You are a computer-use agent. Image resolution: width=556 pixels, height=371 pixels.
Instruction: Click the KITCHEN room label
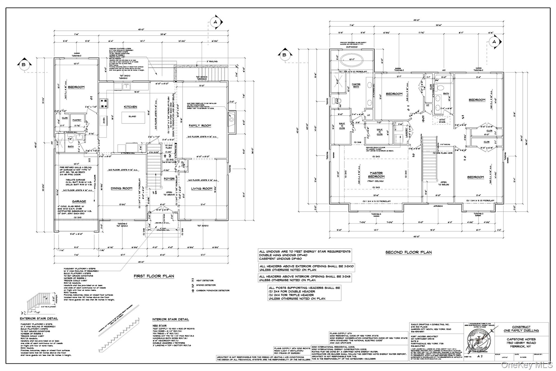coord(130,107)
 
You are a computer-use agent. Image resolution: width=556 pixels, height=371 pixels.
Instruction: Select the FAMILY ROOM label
coord(200,126)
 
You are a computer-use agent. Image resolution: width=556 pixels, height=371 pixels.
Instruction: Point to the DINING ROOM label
coord(121,188)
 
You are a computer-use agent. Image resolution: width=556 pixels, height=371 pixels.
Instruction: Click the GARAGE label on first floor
coord(79,201)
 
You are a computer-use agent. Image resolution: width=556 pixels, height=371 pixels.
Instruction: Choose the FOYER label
coord(169,179)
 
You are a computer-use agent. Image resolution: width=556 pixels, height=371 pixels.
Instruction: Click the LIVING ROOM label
coord(201,189)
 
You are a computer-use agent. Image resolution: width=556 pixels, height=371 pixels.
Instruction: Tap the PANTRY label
coord(77,120)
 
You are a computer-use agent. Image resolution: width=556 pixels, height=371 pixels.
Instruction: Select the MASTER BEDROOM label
coord(376,175)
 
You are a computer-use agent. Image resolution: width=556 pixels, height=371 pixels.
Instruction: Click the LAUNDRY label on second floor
coord(407,133)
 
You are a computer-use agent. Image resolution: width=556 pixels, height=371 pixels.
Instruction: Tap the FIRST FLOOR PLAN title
coord(154,276)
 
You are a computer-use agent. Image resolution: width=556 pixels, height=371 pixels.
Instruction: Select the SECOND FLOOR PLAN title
coord(409,252)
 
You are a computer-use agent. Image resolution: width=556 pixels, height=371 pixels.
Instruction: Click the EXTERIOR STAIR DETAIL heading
coord(39,319)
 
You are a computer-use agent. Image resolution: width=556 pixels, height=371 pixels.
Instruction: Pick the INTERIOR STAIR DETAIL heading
coord(170,319)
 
